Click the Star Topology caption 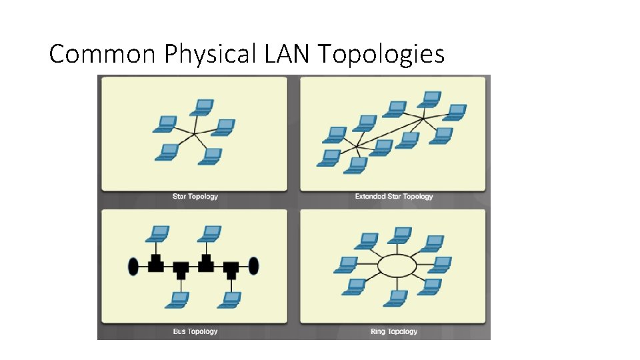tap(195, 197)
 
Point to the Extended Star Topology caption tap(393, 197)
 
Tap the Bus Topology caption tap(195, 331)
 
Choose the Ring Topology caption tap(393, 331)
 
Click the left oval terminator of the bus tap(133, 266)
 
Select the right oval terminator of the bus tap(254, 266)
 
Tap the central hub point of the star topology tap(195, 134)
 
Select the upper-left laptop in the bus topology tap(158, 234)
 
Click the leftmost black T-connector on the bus tap(155, 263)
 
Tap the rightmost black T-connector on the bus tap(231, 269)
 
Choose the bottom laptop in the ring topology tap(395, 298)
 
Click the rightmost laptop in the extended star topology tap(455, 111)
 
